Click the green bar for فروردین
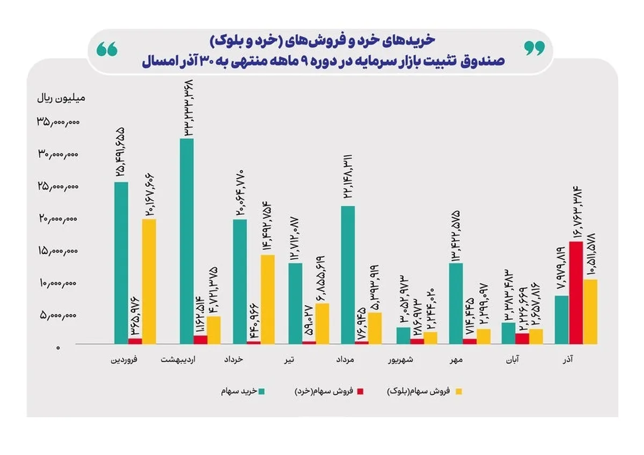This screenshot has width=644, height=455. click(x=121, y=263)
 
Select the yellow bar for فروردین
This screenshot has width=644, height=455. click(x=149, y=281)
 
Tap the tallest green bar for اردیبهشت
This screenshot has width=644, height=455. click(x=186, y=241)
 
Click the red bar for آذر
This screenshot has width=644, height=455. click(x=576, y=292)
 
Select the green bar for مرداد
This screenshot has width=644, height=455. click(x=348, y=274)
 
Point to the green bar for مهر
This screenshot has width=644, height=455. click(x=456, y=303)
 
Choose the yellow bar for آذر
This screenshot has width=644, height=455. click(x=590, y=311)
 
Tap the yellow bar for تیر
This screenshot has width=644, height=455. click(x=322, y=323)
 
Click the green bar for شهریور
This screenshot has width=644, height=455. click(x=403, y=335)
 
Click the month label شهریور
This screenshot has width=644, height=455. click(x=402, y=360)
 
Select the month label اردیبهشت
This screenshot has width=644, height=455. click(x=178, y=360)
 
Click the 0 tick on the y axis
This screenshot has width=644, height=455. click(x=60, y=348)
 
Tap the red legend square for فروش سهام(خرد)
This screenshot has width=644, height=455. click(x=360, y=392)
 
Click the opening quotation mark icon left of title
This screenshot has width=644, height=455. click(x=107, y=49)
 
